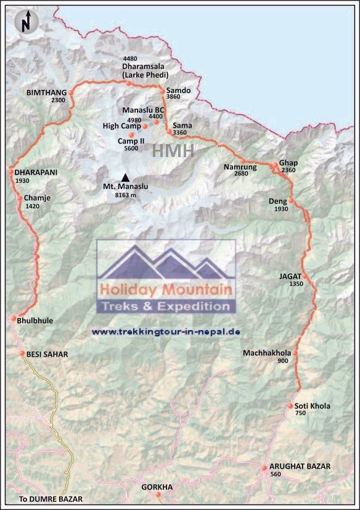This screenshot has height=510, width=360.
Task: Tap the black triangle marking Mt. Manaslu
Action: tap(126, 177)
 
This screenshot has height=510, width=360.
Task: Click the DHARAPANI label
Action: tap(36, 172)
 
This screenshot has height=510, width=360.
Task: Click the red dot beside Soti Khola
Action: tap(290, 407)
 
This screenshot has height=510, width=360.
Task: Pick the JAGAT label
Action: tap(291, 277)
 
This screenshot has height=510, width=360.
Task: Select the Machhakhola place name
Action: tap(267, 353)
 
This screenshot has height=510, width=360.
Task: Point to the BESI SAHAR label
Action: tap(47, 354)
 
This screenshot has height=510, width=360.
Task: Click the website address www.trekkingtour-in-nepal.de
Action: tap(165, 331)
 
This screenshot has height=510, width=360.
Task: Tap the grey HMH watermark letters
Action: tap(173, 151)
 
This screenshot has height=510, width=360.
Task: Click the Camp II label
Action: tap(130, 140)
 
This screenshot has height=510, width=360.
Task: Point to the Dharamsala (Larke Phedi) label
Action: tap(145, 71)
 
